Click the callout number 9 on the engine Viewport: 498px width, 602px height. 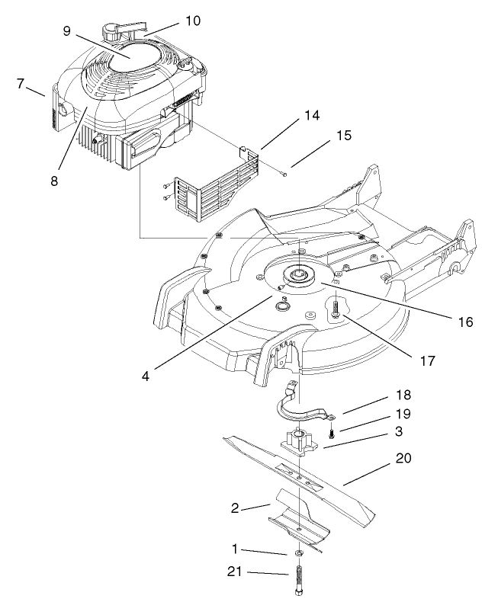[x=68, y=33]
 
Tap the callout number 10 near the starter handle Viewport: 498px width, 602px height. [x=193, y=21]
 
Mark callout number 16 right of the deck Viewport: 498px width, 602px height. [x=464, y=322]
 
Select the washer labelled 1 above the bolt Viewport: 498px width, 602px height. [x=300, y=552]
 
